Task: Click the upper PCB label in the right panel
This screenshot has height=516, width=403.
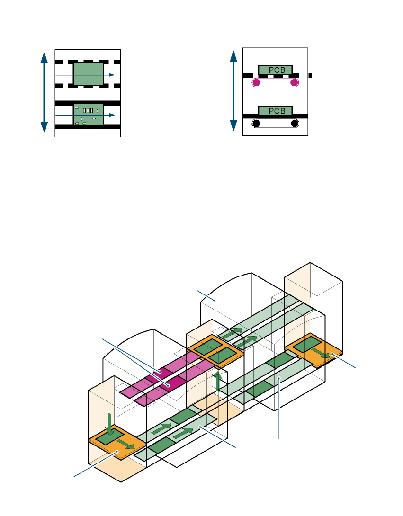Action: click(x=275, y=70)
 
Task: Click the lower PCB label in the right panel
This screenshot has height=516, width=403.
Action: click(x=275, y=111)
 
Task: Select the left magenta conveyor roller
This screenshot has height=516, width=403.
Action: click(x=256, y=83)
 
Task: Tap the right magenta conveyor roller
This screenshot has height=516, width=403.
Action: click(x=294, y=83)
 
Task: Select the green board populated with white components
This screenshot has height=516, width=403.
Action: click(x=88, y=115)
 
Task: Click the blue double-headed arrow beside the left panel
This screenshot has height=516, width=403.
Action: click(x=44, y=92)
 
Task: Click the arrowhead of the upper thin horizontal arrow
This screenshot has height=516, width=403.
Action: click(x=111, y=75)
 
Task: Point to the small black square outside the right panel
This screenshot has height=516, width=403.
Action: click(x=310, y=75)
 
